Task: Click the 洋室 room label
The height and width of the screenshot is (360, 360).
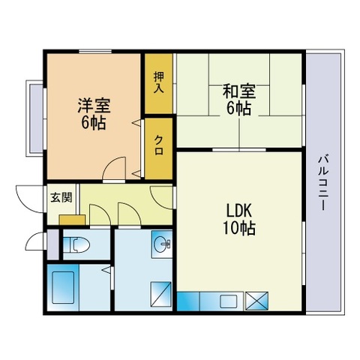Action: (94, 106)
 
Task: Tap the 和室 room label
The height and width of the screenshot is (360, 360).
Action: (239, 91)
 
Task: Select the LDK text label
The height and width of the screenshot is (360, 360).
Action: (238, 211)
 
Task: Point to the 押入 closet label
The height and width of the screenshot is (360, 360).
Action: (158, 82)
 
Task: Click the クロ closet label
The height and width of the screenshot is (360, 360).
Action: (159, 145)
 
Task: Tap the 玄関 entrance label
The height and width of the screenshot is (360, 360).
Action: (61, 197)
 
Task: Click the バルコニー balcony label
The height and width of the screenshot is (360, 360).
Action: (323, 183)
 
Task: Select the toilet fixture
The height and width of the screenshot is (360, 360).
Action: (76, 244)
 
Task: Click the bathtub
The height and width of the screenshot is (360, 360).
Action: (63, 287)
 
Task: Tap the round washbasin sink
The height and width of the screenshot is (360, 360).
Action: (162, 243)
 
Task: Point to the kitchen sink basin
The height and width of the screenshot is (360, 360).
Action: (229, 301)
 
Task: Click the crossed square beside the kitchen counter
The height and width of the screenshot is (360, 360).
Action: (256, 301)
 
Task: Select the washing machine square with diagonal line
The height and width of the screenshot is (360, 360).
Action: (161, 294)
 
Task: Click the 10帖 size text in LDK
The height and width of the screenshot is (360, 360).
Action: (239, 228)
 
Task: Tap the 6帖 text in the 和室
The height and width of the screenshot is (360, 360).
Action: (238, 108)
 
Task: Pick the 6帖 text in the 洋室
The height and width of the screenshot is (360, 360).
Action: (93, 122)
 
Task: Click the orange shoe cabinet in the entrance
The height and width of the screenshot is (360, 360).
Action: (72, 220)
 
